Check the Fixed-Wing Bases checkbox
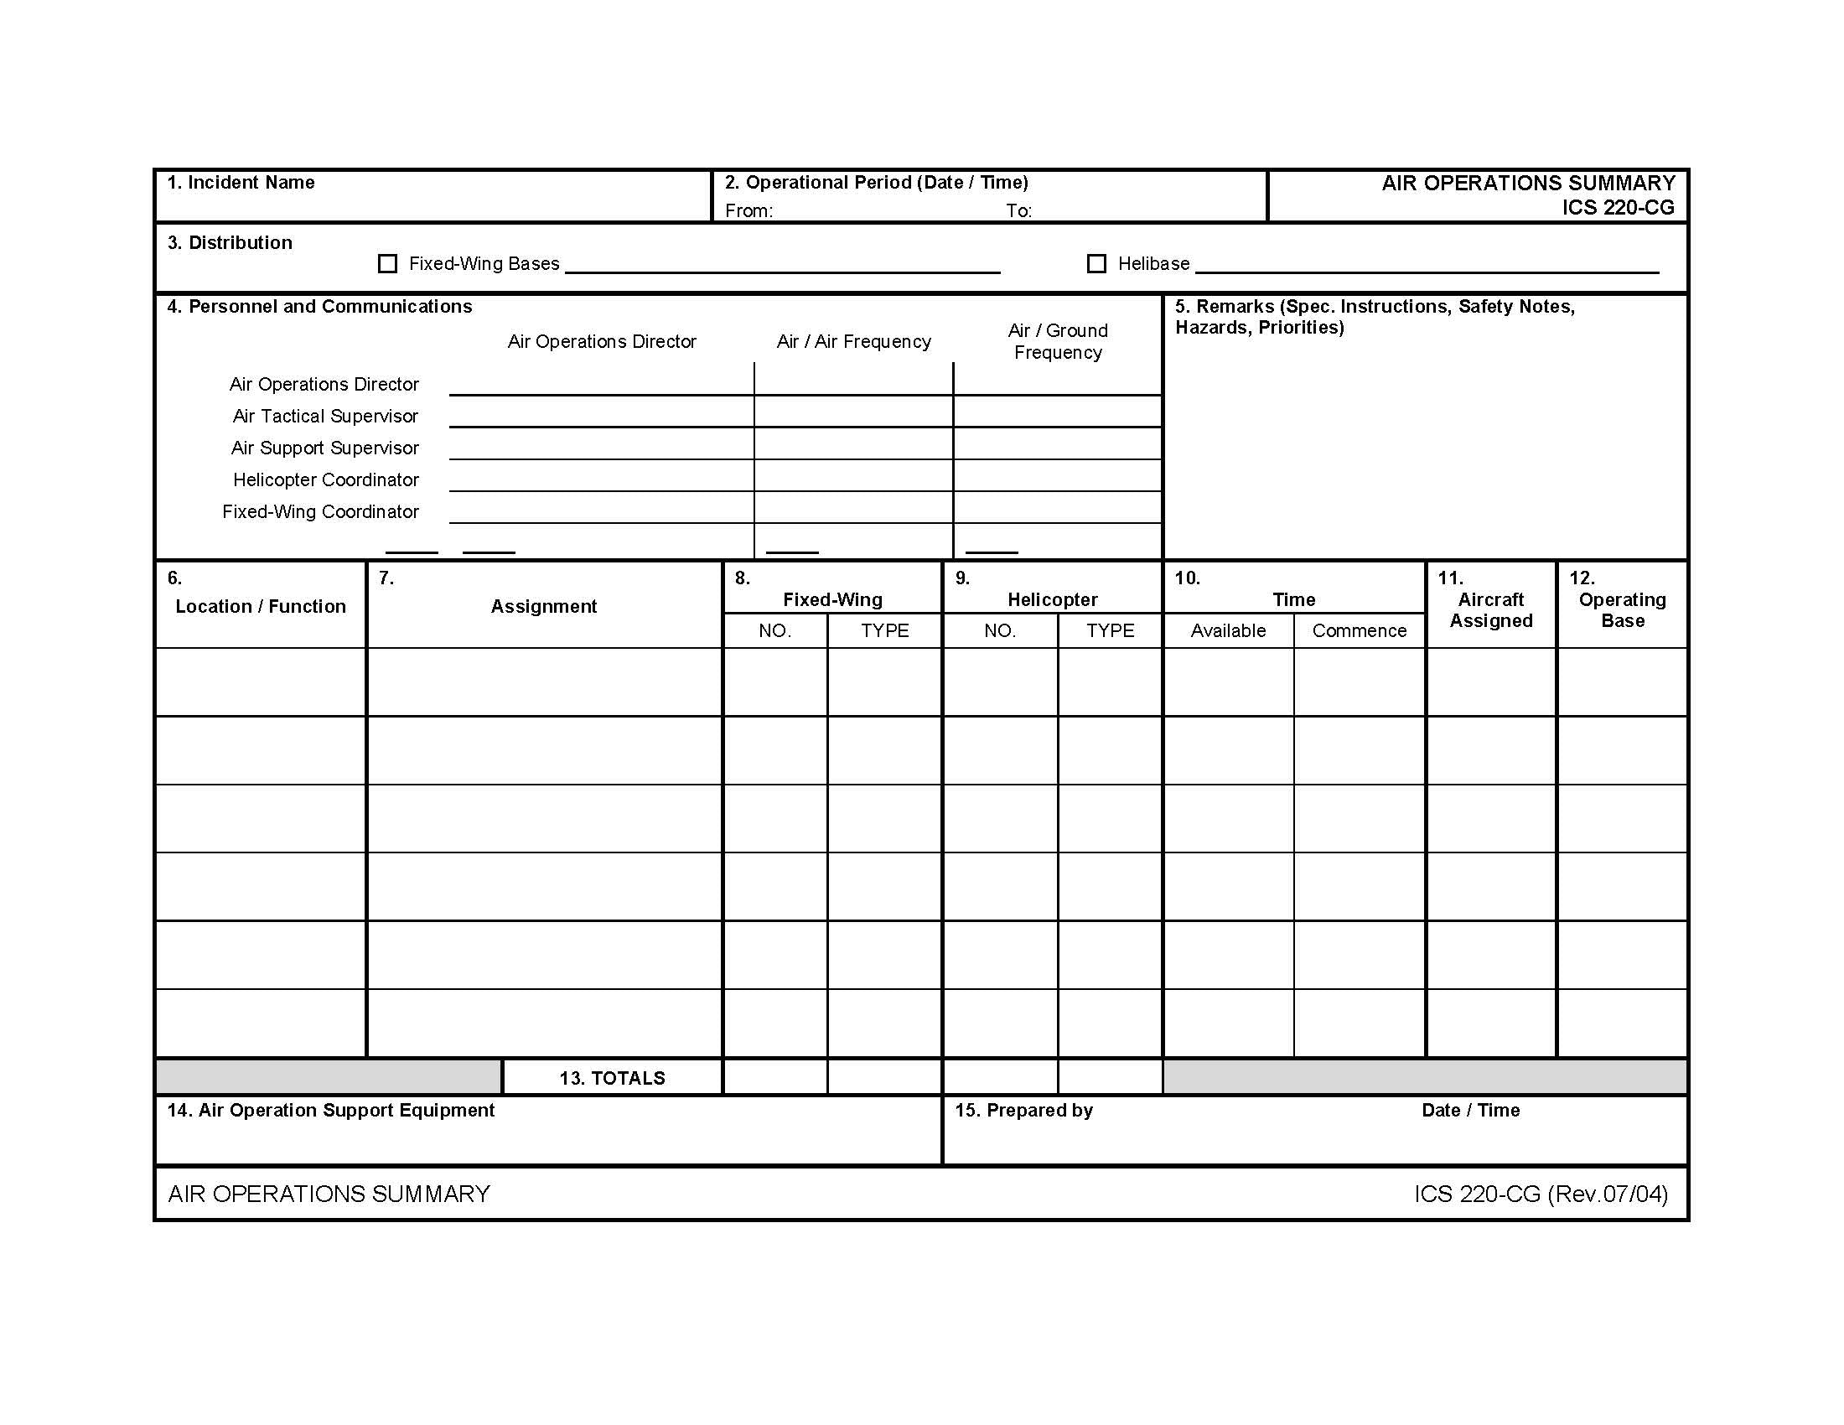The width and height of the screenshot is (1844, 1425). (387, 264)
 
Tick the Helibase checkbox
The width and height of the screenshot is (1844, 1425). (1096, 264)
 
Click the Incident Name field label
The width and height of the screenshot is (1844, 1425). (241, 184)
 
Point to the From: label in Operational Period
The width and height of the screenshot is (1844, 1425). (748, 211)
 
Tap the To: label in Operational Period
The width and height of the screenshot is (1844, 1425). (1018, 211)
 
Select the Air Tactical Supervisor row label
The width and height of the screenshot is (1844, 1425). (325, 417)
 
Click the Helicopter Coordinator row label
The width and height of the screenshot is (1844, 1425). (326, 480)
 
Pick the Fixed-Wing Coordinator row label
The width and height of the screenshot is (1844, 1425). (320, 512)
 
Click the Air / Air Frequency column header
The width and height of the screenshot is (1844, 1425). (853, 342)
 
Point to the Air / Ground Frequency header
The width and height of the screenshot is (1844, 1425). (1057, 342)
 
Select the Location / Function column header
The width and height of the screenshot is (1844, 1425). (260, 607)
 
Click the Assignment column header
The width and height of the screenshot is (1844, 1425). (544, 607)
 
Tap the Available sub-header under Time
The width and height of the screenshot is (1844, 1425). (1228, 631)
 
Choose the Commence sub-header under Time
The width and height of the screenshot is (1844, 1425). (1359, 631)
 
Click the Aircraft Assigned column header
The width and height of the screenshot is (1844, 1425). (1491, 610)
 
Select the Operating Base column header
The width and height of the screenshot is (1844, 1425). (1622, 610)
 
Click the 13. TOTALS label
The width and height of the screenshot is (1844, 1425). (612, 1079)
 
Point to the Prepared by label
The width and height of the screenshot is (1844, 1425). (1023, 1111)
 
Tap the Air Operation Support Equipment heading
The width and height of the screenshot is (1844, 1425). (331, 1111)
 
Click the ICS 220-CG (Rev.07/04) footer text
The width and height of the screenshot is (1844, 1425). (1541, 1194)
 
